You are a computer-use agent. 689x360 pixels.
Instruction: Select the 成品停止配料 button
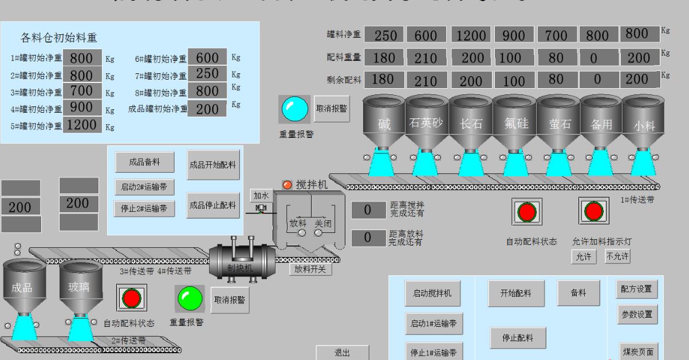point(213,205)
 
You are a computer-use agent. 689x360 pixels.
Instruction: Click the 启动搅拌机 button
point(432,293)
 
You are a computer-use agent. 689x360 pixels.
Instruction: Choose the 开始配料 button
point(516,293)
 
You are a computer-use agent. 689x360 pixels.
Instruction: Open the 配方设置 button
point(636,288)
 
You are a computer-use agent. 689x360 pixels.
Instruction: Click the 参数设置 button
point(636,314)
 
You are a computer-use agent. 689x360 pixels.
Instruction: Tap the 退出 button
point(342,353)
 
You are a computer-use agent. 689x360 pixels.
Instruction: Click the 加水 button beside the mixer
point(261,196)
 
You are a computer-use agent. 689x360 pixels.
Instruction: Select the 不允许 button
point(617,256)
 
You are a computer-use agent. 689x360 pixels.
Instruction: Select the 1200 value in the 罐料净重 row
point(471,35)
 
